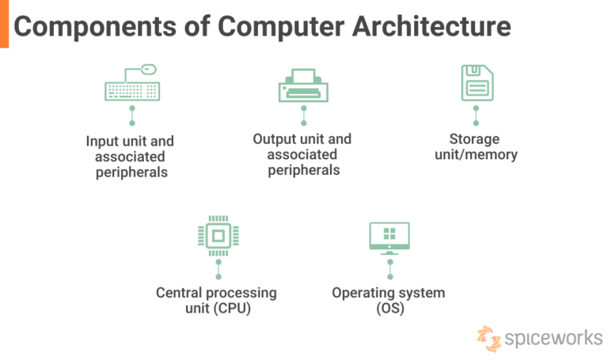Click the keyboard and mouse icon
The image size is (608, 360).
tap(131, 85)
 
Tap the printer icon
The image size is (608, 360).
tap(303, 85)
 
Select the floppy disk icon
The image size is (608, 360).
tap(477, 82)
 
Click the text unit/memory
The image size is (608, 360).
tap(477, 154)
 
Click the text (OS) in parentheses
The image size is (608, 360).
tap(389, 309)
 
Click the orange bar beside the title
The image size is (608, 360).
tap(4, 24)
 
